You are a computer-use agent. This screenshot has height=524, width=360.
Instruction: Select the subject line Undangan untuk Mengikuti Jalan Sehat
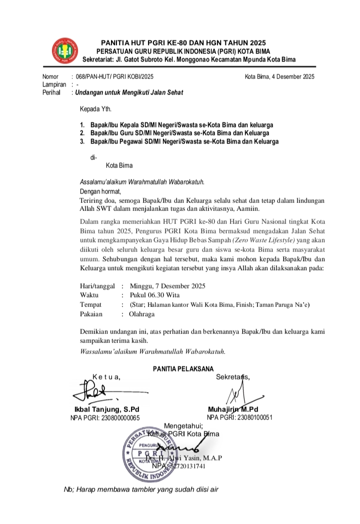129,92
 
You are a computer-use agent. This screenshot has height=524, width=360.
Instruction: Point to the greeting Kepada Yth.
96,108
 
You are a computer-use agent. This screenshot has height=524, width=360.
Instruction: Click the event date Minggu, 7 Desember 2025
167,286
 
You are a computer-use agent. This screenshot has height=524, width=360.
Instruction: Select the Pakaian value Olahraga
142,314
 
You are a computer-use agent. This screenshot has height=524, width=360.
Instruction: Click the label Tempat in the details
90,304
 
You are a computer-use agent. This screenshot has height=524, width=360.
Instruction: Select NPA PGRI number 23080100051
239,417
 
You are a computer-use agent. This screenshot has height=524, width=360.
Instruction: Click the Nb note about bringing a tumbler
141,489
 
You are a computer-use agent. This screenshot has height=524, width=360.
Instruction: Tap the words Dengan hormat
100,190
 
